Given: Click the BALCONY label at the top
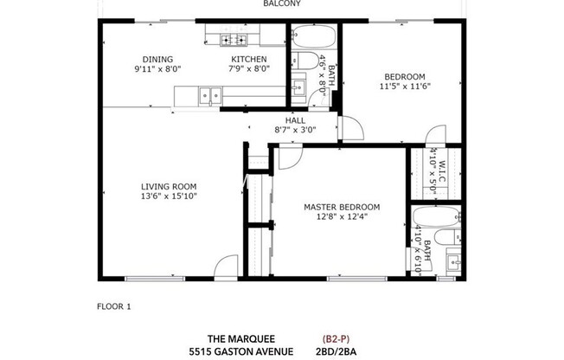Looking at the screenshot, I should pos(282,3).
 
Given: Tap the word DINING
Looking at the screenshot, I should pos(153,59).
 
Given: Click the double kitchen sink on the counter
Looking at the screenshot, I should pos(208,95).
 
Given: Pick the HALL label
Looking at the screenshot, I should pos(295,120).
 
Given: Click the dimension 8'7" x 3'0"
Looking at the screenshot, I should pos(295,130).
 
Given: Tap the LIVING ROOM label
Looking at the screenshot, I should pos(170,186).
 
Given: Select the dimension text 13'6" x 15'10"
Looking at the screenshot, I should pos(170,196).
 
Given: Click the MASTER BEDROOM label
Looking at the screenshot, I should pos(342,207).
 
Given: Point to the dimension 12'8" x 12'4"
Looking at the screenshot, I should pos(342,216).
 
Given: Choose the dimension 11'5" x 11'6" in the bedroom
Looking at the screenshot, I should pos(405,86).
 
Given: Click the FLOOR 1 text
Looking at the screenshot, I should pos(113,306).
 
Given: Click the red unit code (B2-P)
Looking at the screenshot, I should pos(336,338).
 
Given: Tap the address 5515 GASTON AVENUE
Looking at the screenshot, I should pos(241,351).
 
